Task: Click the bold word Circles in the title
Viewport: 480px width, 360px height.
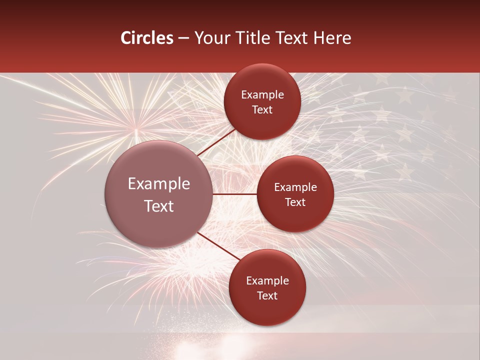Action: pos(147,38)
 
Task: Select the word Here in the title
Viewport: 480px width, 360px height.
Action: pos(332,38)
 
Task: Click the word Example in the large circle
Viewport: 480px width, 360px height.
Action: pos(159,184)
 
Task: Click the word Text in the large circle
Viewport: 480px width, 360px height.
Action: pos(159,206)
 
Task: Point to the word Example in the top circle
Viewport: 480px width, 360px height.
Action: pos(262,95)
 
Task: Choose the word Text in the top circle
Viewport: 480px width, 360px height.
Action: pos(262,110)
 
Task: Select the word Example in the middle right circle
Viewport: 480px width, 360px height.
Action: pos(295,187)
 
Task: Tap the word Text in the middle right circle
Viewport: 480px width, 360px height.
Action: pos(295,202)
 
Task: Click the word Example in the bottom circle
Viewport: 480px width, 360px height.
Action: pos(267,281)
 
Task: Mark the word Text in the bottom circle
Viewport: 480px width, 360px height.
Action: pos(267,296)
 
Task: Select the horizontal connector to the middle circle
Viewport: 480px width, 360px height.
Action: pos(235,194)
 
